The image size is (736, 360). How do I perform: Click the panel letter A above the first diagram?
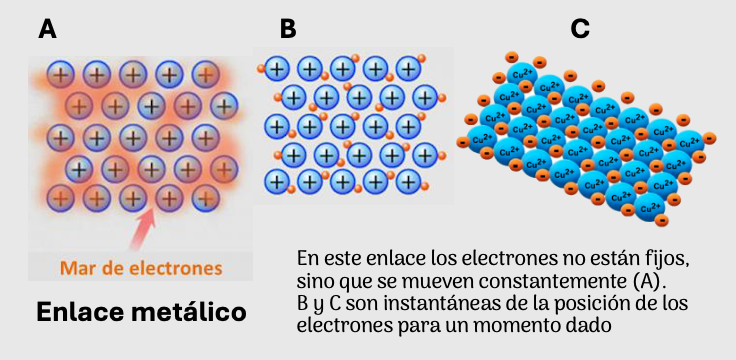click(x=47, y=30)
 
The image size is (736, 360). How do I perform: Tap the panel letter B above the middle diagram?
click(x=288, y=30)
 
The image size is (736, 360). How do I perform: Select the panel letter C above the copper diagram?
click(x=579, y=29)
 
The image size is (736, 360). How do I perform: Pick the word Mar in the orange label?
click(x=80, y=268)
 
